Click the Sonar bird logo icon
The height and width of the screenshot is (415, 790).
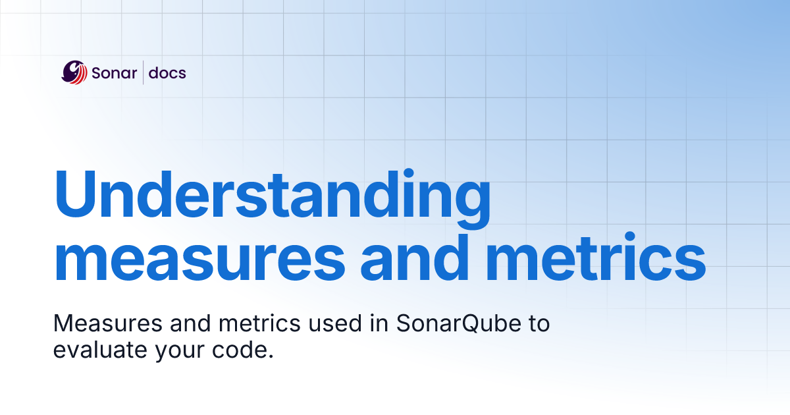(74, 72)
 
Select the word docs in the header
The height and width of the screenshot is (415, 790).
(167, 72)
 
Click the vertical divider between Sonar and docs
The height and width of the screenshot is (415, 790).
(144, 72)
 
